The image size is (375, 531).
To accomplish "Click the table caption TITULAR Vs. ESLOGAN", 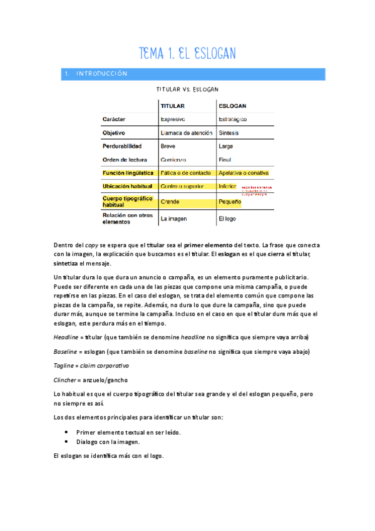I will click(x=187, y=90).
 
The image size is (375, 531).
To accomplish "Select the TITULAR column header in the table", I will click(x=173, y=106).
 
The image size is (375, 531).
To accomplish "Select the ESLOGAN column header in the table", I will click(x=233, y=106).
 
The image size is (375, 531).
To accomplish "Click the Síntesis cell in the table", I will click(x=229, y=133).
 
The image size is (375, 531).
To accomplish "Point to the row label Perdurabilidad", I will click(x=121, y=146).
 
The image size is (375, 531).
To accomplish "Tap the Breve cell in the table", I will click(x=168, y=146).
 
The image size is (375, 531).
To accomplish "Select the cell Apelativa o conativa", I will click(x=244, y=172).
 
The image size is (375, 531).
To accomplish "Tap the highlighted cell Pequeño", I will click(x=230, y=202).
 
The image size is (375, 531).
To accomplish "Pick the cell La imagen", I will click(x=174, y=219).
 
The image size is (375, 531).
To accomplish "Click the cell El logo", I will click(x=227, y=219).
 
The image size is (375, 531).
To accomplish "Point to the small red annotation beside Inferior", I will click(x=257, y=189).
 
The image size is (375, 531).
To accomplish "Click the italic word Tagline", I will click(x=64, y=365).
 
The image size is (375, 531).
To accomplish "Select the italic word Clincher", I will click(x=66, y=380).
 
